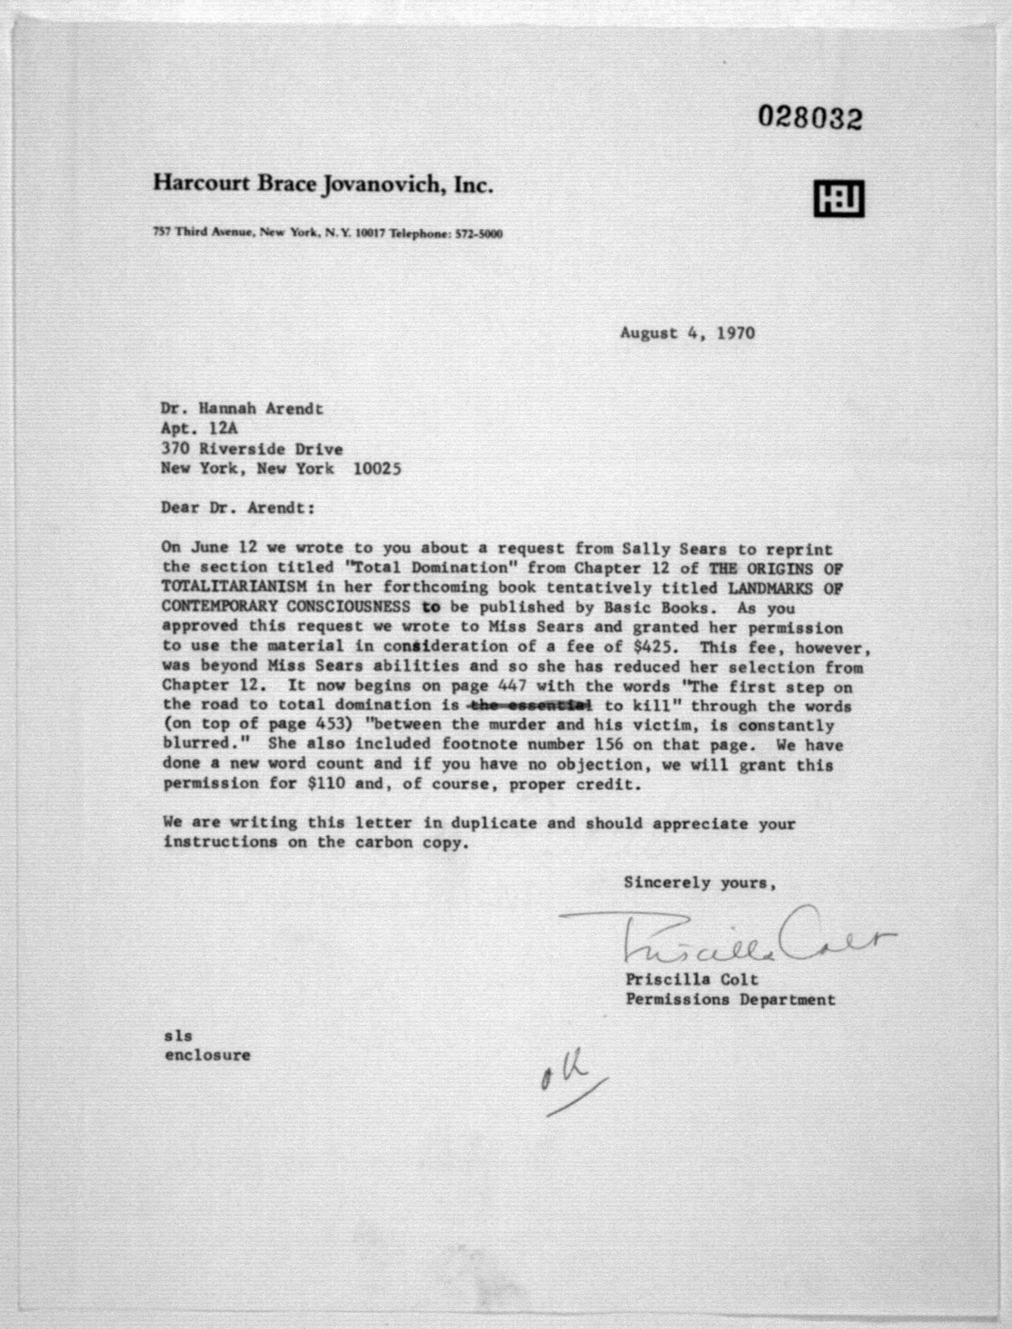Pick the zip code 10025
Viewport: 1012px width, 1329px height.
(x=377, y=469)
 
